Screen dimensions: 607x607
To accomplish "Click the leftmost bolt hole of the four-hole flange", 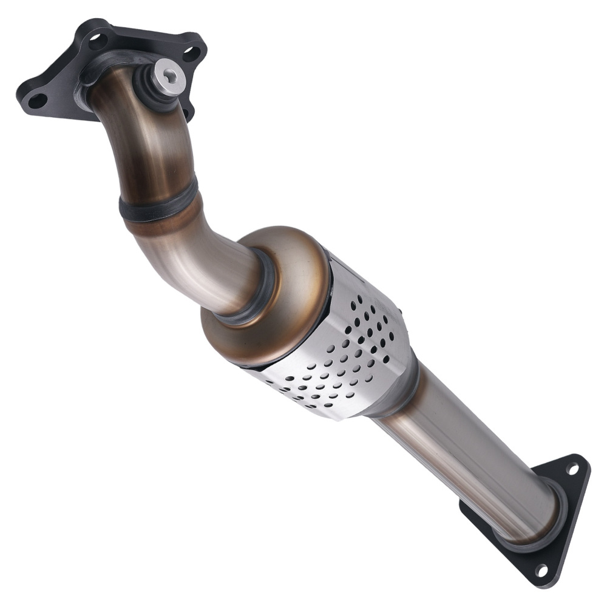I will (x=38, y=100).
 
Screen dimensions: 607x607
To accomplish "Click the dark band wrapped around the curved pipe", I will (x=159, y=203).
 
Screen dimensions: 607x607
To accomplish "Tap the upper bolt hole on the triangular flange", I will (x=572, y=469).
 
